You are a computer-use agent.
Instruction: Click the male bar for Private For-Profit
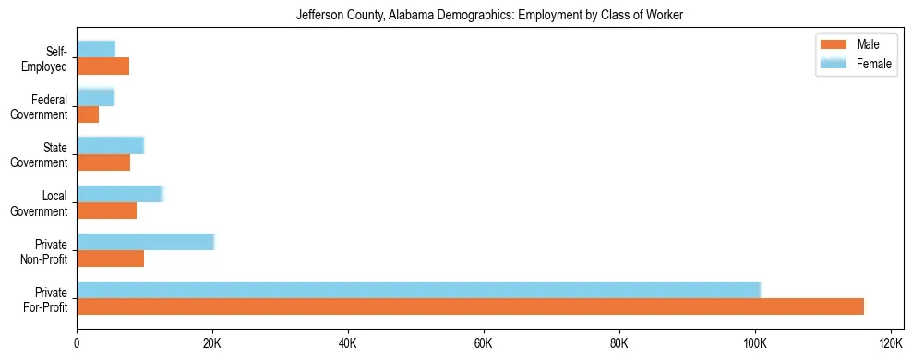tap(470, 306)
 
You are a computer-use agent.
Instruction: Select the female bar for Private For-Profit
tap(418, 289)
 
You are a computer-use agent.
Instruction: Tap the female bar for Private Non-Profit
tap(145, 241)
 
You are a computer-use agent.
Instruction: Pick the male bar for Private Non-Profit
tap(110, 258)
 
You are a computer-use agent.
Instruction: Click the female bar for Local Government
tap(120, 193)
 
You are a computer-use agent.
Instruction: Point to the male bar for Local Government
tap(106, 210)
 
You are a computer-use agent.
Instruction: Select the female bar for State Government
tap(110, 145)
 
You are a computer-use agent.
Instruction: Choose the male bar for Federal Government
tap(88, 114)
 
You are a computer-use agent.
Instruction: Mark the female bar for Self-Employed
tap(96, 49)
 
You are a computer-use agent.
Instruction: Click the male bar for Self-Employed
tap(102, 66)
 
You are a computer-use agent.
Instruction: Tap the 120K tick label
tap(891, 343)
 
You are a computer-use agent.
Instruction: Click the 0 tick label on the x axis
tap(77, 343)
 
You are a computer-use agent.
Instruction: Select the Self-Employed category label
tap(44, 59)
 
